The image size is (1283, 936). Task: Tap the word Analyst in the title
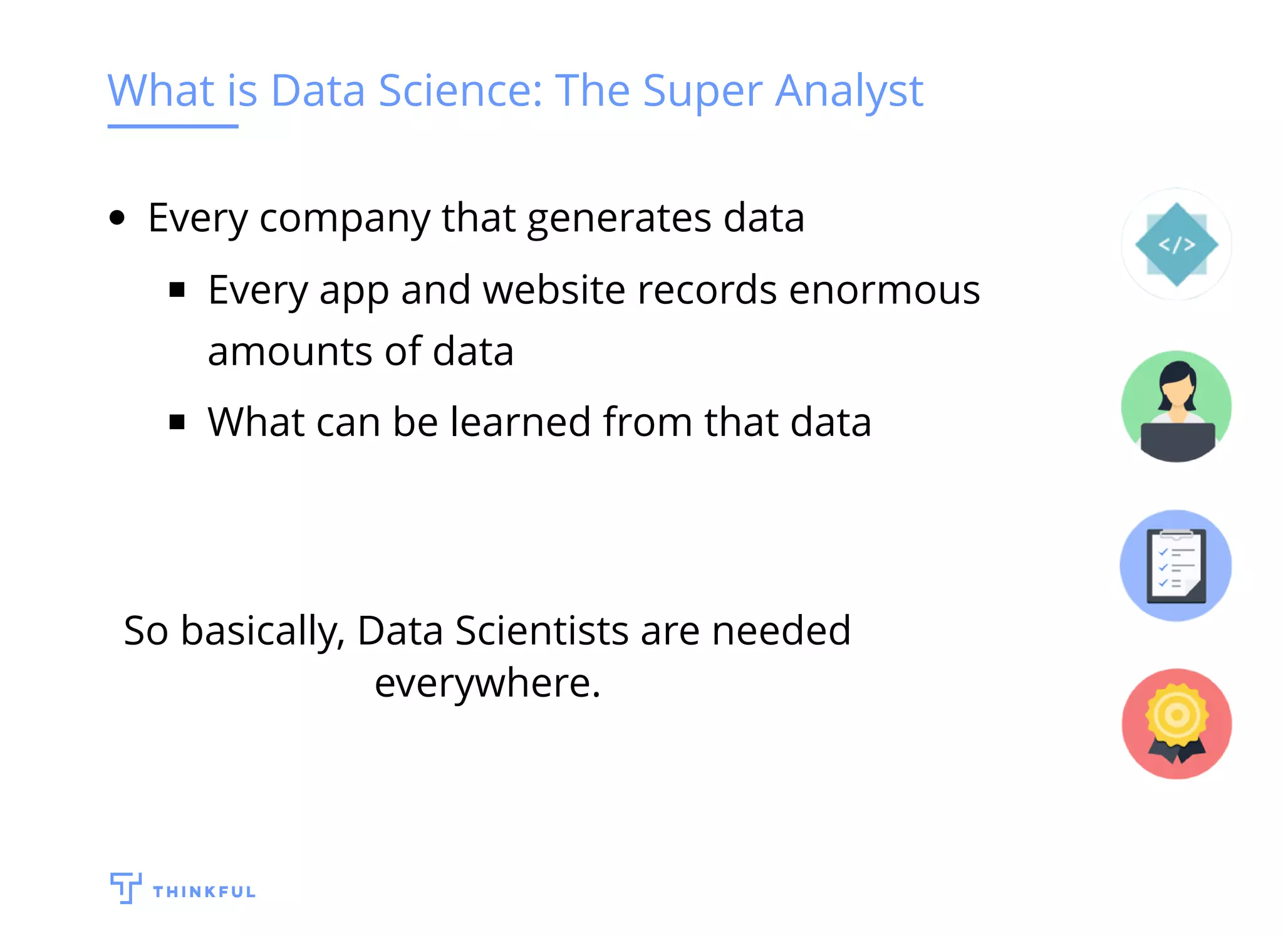849,91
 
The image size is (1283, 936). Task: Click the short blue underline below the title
172,127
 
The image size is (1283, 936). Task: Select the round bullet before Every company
117,219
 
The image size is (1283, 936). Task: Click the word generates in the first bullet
619,219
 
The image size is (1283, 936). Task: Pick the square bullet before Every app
177,290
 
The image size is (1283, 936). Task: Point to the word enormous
884,290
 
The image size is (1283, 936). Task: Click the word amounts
290,351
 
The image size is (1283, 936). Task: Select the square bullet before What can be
177,422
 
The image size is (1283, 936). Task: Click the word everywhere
487,683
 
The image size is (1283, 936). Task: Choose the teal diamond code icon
1177,244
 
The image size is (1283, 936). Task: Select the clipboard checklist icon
1176,566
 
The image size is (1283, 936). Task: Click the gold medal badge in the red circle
1177,716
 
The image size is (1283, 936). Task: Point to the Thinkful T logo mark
125,887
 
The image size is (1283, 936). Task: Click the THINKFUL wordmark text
204,892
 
